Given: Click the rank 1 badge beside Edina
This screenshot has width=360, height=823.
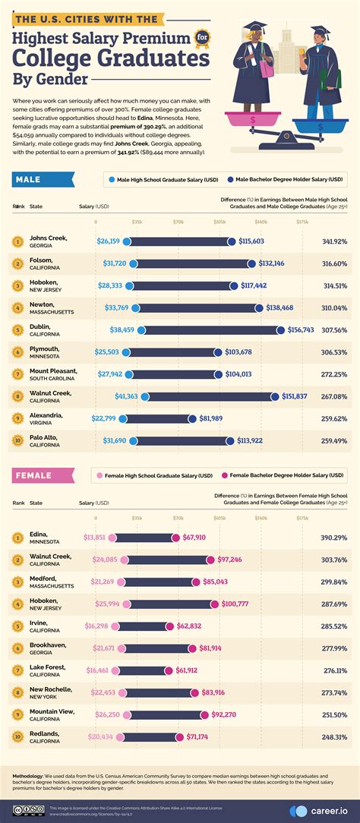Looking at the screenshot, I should tap(16, 538).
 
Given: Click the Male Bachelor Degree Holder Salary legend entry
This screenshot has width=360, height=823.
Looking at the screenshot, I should tap(288, 180).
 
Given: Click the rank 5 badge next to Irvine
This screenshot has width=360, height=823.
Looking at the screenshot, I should tap(16, 626).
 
